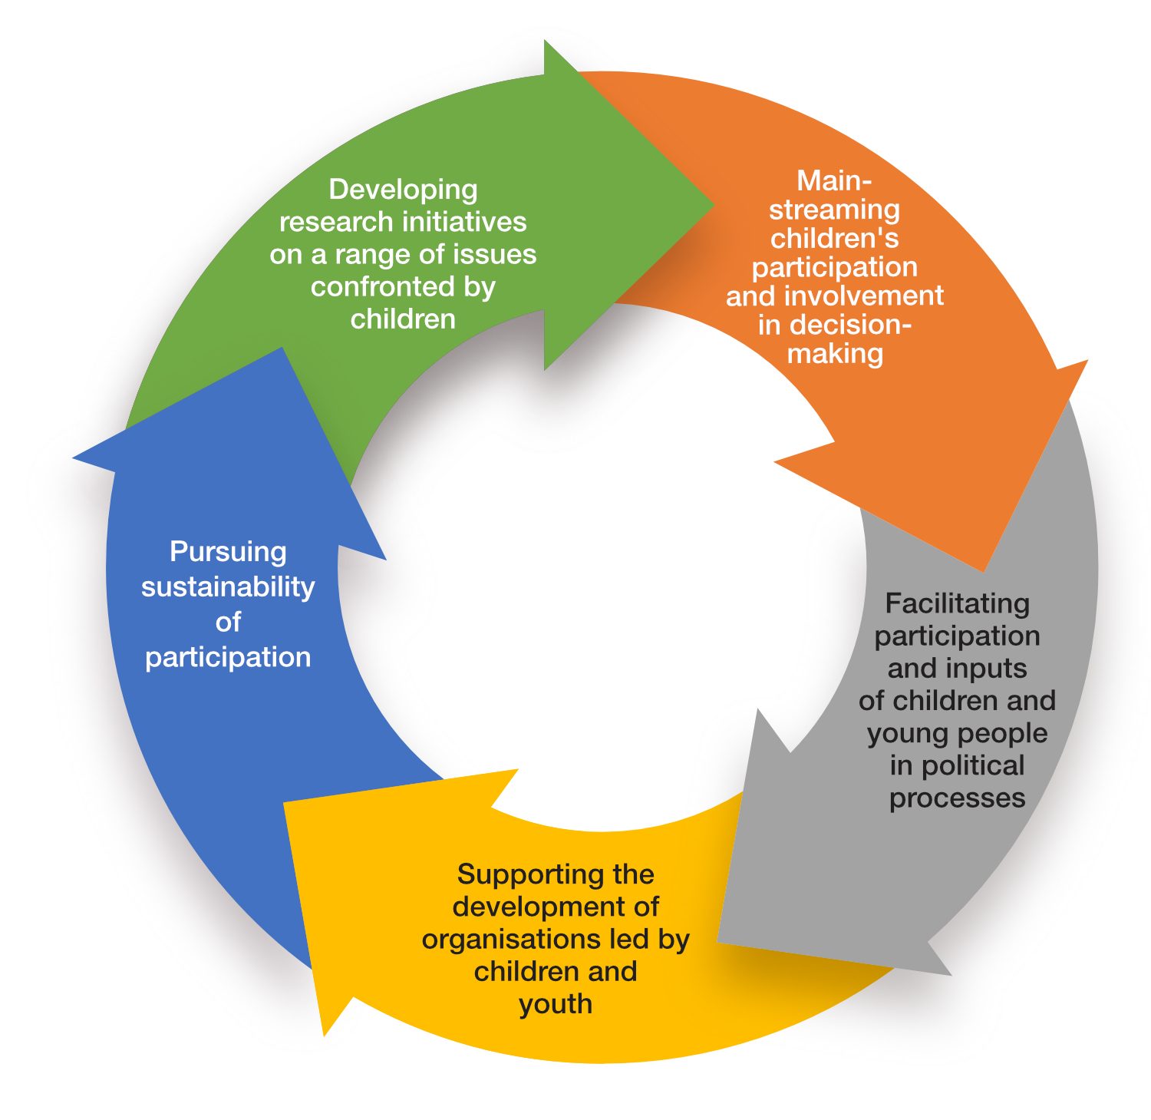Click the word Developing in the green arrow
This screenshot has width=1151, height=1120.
pyautogui.click(x=403, y=190)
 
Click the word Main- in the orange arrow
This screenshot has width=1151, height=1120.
pyautogui.click(x=834, y=181)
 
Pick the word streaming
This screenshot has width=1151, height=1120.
pyautogui.click(x=834, y=210)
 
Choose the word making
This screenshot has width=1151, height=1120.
pyautogui.click(x=835, y=353)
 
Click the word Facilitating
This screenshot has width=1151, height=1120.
pyautogui.click(x=957, y=603)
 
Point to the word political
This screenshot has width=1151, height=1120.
pyautogui.click(x=972, y=765)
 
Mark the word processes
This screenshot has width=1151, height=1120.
pyautogui.click(x=957, y=798)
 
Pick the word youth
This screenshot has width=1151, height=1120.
pyautogui.click(x=555, y=1004)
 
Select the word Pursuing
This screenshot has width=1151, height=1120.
pyautogui.click(x=228, y=552)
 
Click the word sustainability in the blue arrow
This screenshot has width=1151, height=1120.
pyautogui.click(x=228, y=587)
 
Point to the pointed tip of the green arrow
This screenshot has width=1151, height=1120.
pyautogui.click(x=713, y=205)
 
